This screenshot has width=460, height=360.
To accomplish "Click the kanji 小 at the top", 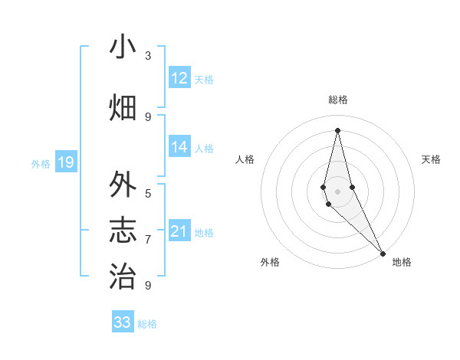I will pyautogui.click(x=123, y=47).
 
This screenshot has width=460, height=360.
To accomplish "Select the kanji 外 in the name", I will pyautogui.click(x=123, y=185).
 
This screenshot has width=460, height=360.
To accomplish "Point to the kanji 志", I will pyautogui.click(x=123, y=231).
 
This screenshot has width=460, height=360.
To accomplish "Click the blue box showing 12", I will pyautogui.click(x=179, y=78).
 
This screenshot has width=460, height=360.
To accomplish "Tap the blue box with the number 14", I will pyautogui.click(x=179, y=148).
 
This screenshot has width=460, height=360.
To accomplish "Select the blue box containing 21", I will pyautogui.click(x=179, y=231).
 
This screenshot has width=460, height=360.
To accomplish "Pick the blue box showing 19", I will pyautogui.click(x=66, y=162).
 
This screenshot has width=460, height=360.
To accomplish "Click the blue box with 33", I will pyautogui.click(x=123, y=322).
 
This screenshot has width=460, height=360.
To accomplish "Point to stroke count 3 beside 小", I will pyautogui.click(x=148, y=56).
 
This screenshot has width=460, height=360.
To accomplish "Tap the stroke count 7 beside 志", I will pyautogui.click(x=148, y=240).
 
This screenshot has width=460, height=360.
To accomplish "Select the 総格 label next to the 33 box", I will pyautogui.click(x=147, y=324).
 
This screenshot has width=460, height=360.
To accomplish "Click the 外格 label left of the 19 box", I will pyautogui.click(x=41, y=164).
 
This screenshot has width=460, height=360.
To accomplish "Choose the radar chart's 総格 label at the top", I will pyautogui.click(x=337, y=100).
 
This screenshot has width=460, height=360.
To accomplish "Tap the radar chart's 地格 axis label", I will pyautogui.click(x=402, y=262).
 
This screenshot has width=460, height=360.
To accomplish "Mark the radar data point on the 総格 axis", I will pyautogui.click(x=337, y=130).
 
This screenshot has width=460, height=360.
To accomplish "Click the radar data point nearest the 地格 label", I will pyautogui.click(x=383, y=252).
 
